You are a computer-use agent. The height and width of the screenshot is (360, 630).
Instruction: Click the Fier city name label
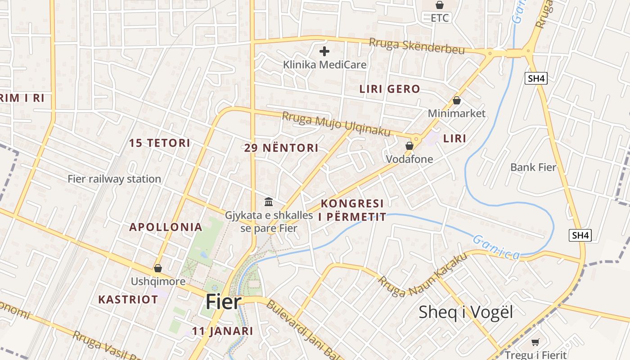pos(224,302)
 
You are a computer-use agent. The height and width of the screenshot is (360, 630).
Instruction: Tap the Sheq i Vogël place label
pos(465,312)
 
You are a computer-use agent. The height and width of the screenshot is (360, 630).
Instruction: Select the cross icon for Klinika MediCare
pos(324,51)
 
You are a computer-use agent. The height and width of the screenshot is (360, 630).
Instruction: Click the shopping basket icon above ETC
pos(440,5)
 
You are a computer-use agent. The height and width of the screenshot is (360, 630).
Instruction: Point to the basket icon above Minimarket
pos(456,100)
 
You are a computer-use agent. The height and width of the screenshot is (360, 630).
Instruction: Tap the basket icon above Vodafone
pos(409,146)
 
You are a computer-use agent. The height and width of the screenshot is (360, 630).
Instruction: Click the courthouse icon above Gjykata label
pos(269,202)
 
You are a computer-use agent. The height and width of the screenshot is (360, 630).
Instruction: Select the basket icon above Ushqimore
pos(157,268)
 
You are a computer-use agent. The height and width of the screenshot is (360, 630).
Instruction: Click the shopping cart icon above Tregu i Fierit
pos(535,342)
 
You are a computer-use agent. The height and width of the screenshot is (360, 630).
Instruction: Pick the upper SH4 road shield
pos(536,78)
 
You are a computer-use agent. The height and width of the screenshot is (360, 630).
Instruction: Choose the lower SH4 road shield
pos(580,235)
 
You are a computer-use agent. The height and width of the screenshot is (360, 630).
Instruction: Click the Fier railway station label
pos(114,179)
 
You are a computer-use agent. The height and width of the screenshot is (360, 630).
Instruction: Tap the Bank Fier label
pos(533,167)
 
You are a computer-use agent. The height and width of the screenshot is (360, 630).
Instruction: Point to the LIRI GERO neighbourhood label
pos(389,89)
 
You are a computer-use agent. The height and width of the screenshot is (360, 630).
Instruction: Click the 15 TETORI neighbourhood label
pos(160,143)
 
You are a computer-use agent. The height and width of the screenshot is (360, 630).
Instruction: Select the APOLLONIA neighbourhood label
pos(166,227)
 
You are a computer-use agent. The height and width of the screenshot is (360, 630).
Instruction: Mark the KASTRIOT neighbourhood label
pos(128,299)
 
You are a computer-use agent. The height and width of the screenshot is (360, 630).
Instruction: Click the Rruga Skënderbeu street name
pos(417,45)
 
